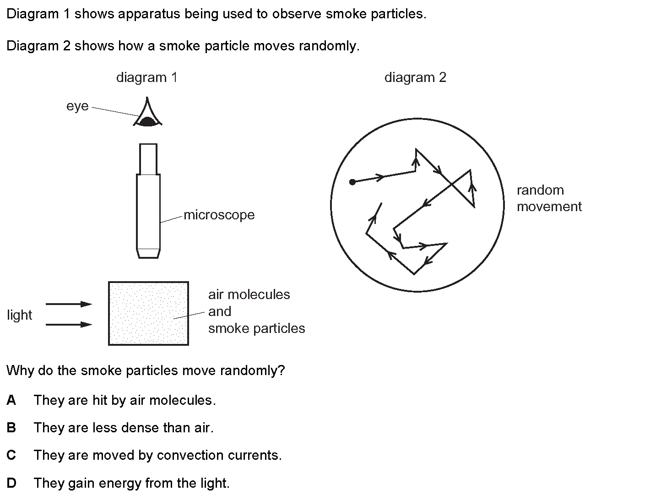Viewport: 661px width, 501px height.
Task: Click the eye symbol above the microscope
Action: (147, 114)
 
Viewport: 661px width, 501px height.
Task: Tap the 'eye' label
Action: (77, 106)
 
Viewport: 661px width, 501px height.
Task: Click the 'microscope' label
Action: (219, 215)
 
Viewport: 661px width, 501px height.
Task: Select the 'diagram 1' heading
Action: (146, 77)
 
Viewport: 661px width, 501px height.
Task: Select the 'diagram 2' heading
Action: (415, 77)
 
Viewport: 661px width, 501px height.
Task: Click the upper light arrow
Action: (69, 304)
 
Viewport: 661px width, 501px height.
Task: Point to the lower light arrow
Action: (69, 324)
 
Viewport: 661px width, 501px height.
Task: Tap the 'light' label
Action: (20, 315)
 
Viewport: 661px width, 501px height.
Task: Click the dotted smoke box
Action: (148, 313)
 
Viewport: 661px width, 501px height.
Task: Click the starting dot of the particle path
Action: (352, 182)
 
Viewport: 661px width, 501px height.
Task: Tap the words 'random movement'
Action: (549, 198)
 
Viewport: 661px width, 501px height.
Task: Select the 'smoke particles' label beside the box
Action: (256, 328)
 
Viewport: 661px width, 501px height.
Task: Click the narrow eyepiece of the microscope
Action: (148, 159)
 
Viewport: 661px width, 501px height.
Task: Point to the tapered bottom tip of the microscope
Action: (148, 253)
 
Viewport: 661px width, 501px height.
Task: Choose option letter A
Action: (11, 400)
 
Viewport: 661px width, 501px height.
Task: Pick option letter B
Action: (11, 428)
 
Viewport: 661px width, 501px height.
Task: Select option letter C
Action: (11, 455)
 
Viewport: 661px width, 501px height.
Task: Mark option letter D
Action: (11, 483)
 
